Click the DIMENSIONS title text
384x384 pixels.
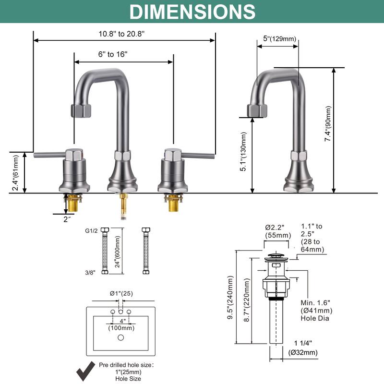point(192,12)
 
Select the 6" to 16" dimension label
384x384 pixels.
point(113,54)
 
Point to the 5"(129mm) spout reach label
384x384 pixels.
point(280,39)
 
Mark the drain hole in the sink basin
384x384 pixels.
point(120,337)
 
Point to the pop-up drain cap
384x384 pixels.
point(276,255)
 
